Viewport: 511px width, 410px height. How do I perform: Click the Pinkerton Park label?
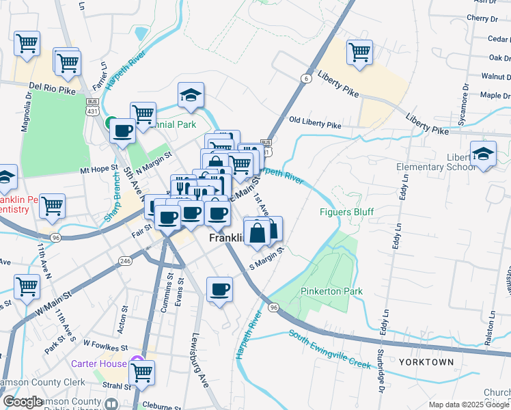(x=331, y=291)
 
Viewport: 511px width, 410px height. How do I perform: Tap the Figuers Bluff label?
(x=347, y=211)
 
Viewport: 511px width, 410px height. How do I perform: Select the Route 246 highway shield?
(x=124, y=260)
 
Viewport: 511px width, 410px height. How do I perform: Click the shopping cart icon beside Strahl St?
(x=141, y=372)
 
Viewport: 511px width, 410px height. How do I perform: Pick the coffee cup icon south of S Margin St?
(x=219, y=289)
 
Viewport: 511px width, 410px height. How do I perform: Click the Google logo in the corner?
(x=23, y=402)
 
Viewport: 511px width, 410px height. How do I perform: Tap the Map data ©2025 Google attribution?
(x=469, y=405)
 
